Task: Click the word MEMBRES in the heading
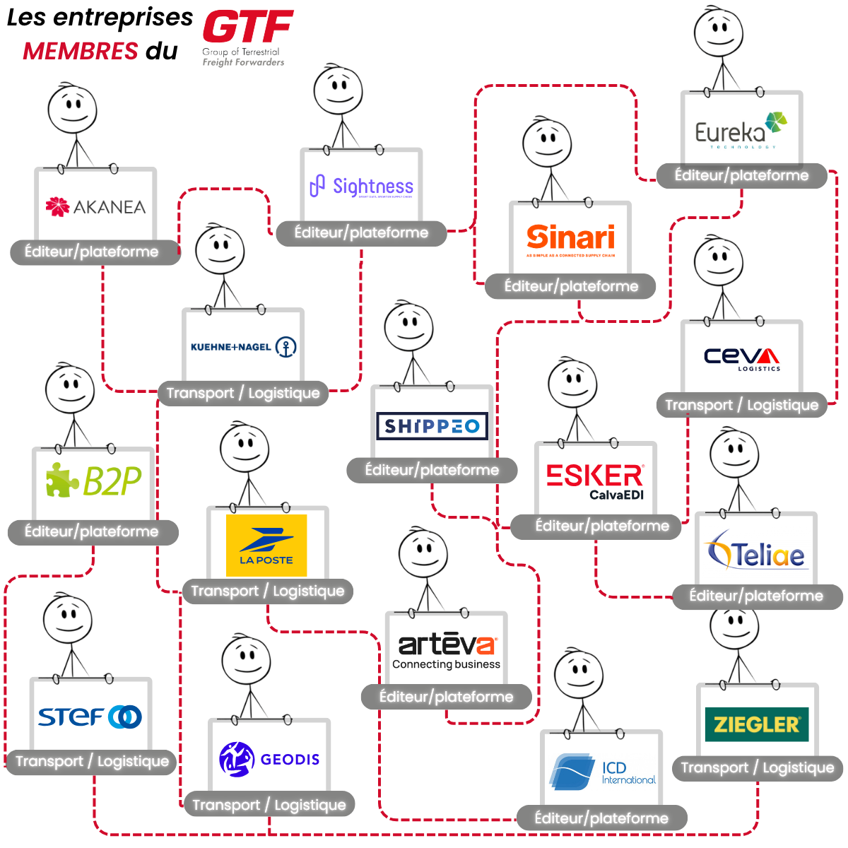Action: point(80,51)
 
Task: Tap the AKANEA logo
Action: point(95,206)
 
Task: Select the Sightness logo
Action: point(362,187)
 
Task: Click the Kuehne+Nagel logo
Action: point(243,347)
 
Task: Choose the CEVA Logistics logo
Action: point(742,358)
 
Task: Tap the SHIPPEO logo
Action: point(432,426)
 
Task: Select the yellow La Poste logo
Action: point(266,545)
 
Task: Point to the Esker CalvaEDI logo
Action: point(595,481)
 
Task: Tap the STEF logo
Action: point(90,717)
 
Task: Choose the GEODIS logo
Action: point(269,759)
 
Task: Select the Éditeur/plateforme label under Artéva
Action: point(446,697)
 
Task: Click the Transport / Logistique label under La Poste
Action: point(267,591)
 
